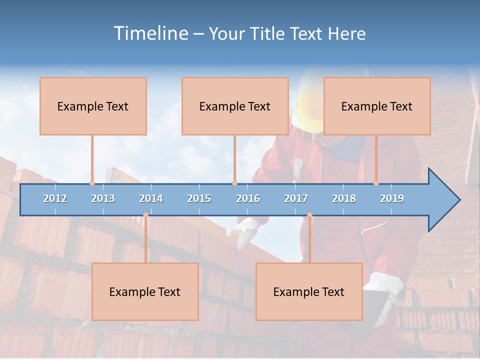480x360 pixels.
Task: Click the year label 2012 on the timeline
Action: point(55,198)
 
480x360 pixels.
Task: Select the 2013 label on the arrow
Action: point(103,198)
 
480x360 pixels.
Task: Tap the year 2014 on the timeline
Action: point(151,198)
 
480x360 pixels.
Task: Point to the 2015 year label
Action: point(199,198)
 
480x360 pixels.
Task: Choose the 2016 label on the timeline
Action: point(248,198)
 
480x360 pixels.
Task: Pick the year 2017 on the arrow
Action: point(296,198)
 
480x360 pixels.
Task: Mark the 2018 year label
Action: point(344,198)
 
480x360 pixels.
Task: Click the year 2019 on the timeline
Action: point(392,198)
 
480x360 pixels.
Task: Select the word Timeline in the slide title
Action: point(150,33)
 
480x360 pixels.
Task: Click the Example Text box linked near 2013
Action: point(93,106)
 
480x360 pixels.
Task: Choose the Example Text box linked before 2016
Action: point(235,106)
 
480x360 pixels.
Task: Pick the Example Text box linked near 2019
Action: point(377,106)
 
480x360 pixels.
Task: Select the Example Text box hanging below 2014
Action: point(145,292)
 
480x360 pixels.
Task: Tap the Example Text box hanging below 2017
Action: point(309,292)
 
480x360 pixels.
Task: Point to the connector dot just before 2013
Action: point(92,183)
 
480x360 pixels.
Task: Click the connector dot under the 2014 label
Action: point(145,215)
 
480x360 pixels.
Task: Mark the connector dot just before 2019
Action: point(376,183)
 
